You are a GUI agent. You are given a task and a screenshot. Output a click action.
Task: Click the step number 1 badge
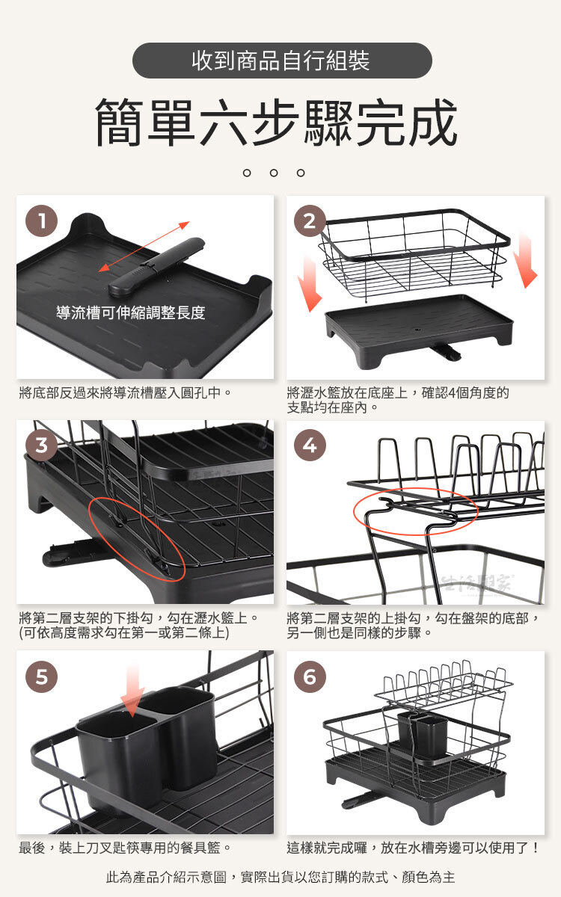click(42, 221)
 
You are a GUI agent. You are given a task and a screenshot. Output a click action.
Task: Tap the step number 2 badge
click(310, 221)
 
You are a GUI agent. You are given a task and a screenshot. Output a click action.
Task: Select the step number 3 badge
click(42, 445)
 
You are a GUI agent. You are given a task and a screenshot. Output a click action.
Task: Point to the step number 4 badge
click(310, 445)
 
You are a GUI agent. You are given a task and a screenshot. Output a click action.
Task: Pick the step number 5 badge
click(42, 676)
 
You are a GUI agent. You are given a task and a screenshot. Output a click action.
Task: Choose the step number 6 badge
click(310, 676)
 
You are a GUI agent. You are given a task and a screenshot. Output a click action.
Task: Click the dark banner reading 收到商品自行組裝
click(282, 61)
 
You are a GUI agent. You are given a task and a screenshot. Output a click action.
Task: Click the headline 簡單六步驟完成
click(277, 122)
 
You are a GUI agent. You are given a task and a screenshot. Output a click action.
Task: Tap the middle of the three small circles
click(274, 173)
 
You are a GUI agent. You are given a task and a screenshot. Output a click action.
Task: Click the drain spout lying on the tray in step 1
click(156, 266)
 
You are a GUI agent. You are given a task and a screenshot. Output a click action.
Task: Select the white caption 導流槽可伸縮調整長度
click(131, 312)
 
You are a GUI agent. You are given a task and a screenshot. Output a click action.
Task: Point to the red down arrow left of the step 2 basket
click(310, 283)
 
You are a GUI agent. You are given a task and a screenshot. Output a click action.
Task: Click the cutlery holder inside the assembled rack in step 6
click(423, 737)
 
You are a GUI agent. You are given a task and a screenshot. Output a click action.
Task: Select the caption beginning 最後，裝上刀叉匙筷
click(125, 848)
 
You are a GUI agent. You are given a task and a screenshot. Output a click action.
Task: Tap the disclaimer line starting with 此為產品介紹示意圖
click(280, 878)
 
